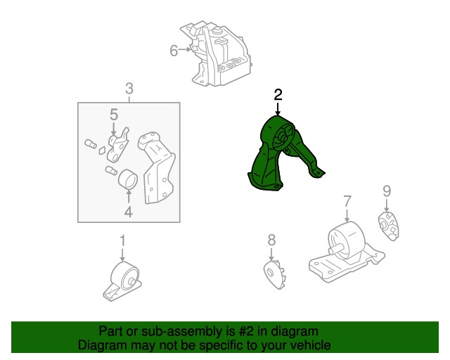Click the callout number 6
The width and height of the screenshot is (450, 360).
(x=174, y=51)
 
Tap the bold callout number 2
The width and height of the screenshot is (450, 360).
(x=278, y=94)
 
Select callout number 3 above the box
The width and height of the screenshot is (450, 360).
(x=129, y=89)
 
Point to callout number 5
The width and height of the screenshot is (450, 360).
(x=114, y=115)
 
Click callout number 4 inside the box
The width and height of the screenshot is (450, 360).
(x=128, y=212)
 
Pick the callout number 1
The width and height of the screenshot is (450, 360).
(x=122, y=240)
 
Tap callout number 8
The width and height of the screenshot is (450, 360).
(x=271, y=240)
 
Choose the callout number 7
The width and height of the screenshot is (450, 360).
(x=347, y=201)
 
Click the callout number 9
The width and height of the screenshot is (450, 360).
(x=387, y=191)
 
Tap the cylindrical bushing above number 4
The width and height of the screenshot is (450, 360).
(x=128, y=179)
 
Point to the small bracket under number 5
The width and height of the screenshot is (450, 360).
(x=117, y=146)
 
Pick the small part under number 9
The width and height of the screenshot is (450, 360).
(x=388, y=226)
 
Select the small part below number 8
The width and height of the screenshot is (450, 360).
(x=274, y=274)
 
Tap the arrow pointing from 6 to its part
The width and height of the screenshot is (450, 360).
(x=184, y=49)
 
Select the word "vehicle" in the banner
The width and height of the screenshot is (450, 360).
(x=311, y=345)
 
